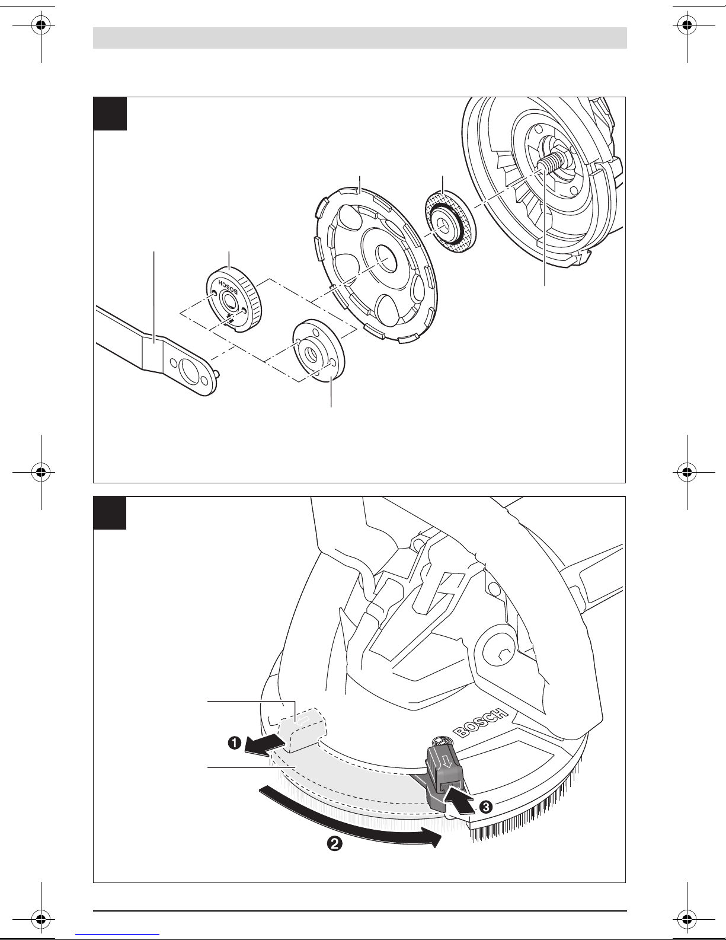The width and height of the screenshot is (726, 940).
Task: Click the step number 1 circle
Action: point(235,743)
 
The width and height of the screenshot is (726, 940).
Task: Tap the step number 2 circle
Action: point(335,844)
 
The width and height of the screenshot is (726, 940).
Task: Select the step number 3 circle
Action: point(486,807)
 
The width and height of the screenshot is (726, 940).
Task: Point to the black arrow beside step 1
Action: point(264,745)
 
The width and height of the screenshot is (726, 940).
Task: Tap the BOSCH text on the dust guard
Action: point(481,722)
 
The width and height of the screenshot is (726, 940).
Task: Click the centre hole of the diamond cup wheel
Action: point(387,259)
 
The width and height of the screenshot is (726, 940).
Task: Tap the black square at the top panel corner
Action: point(110,114)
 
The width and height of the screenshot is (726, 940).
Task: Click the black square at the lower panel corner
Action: point(110,512)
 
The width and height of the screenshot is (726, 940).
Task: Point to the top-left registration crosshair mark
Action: point(41,26)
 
